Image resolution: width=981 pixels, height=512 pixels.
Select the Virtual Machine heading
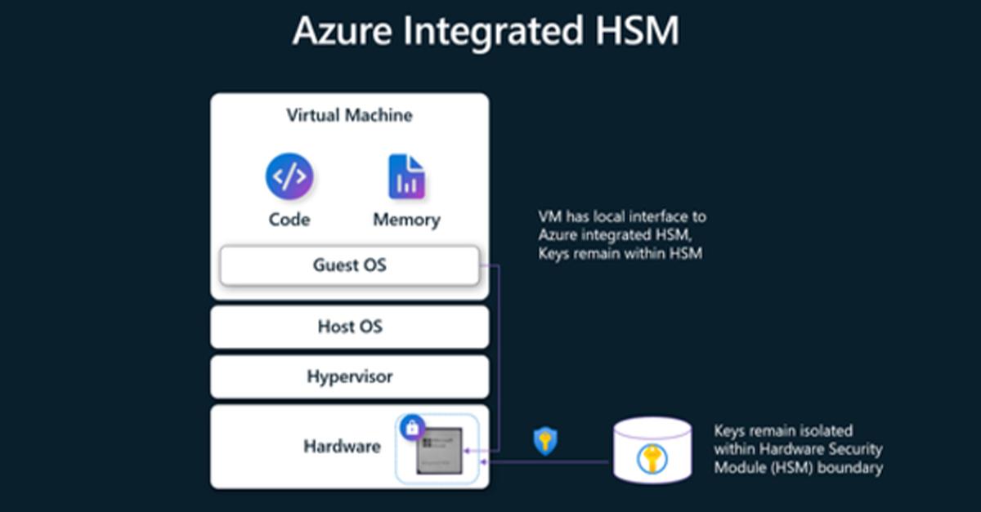[x=349, y=115]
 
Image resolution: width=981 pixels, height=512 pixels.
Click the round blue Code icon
[x=289, y=176]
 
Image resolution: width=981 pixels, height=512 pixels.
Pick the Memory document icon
[x=406, y=176]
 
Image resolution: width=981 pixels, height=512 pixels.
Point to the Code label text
[x=289, y=220]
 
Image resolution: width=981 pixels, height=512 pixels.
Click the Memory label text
[x=406, y=220]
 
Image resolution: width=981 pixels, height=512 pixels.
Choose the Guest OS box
[x=349, y=265]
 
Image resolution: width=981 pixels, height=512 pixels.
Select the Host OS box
[x=349, y=327]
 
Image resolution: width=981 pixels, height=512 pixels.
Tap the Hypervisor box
[x=349, y=376]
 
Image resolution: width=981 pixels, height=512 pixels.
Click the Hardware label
[x=342, y=446]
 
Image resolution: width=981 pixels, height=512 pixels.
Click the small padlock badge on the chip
[x=412, y=426]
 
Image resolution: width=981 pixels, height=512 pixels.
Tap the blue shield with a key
[x=545, y=441]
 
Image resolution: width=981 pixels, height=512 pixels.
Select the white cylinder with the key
[x=652, y=452]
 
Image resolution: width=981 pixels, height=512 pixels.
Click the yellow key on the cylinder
[x=652, y=458]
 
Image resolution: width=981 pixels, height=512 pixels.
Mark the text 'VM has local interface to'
[x=622, y=217]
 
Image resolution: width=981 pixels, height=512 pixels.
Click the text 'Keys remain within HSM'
[x=620, y=254]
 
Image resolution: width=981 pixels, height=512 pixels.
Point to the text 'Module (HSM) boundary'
[x=798, y=468]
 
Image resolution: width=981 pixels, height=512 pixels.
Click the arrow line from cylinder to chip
[x=548, y=462]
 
